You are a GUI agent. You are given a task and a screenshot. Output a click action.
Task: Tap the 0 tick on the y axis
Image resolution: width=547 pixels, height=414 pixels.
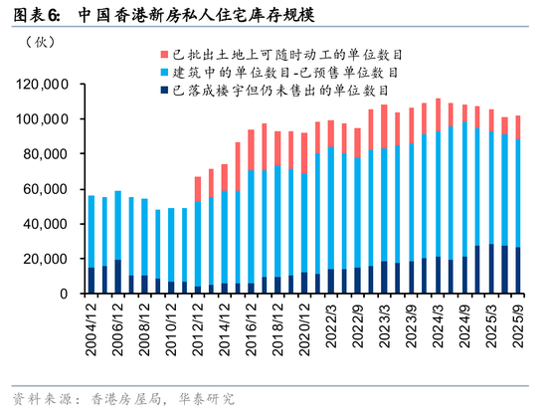[63, 294]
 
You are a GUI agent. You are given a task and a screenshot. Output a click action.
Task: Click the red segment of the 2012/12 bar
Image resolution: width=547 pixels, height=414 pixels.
[198, 189]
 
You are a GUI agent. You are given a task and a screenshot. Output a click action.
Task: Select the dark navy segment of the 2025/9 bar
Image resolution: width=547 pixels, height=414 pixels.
[517, 270]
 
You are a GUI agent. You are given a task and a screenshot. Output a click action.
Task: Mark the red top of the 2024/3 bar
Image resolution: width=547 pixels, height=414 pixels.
[438, 114]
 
